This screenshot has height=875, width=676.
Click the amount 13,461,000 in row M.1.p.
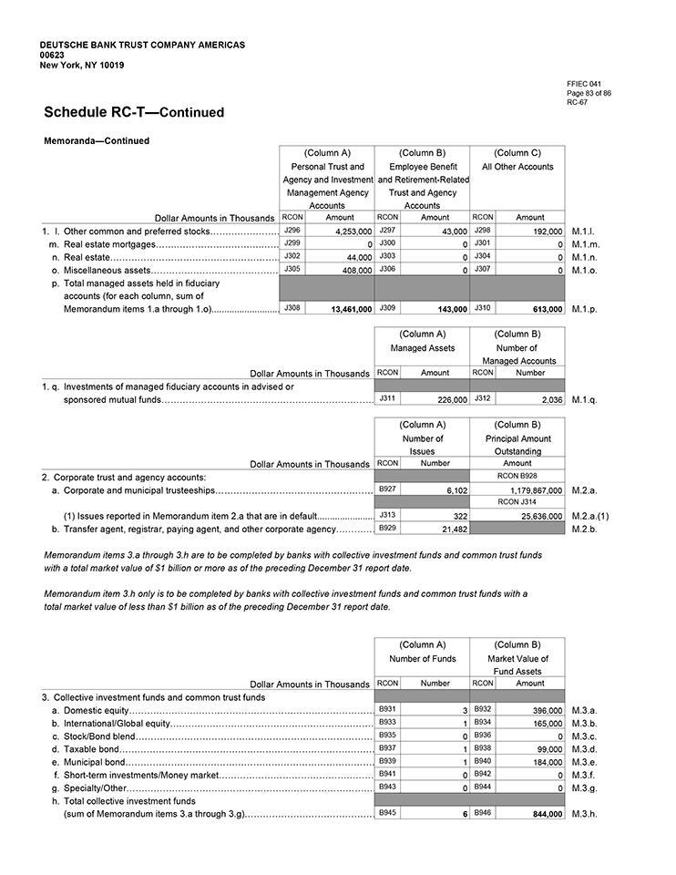pyautogui.click(x=350, y=310)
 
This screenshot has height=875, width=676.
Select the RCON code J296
pyautogui.click(x=292, y=232)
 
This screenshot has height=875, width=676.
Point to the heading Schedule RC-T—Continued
pyautogui.click(x=134, y=112)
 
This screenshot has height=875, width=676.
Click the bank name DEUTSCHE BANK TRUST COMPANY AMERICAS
pyautogui.click(x=142, y=45)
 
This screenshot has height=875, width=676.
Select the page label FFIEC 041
pyautogui.click(x=583, y=83)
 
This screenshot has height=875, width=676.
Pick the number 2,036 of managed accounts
pyautogui.click(x=547, y=399)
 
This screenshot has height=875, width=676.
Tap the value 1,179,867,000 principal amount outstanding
pyautogui.click(x=529, y=490)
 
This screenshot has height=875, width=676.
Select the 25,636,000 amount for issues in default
pyautogui.click(x=537, y=516)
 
